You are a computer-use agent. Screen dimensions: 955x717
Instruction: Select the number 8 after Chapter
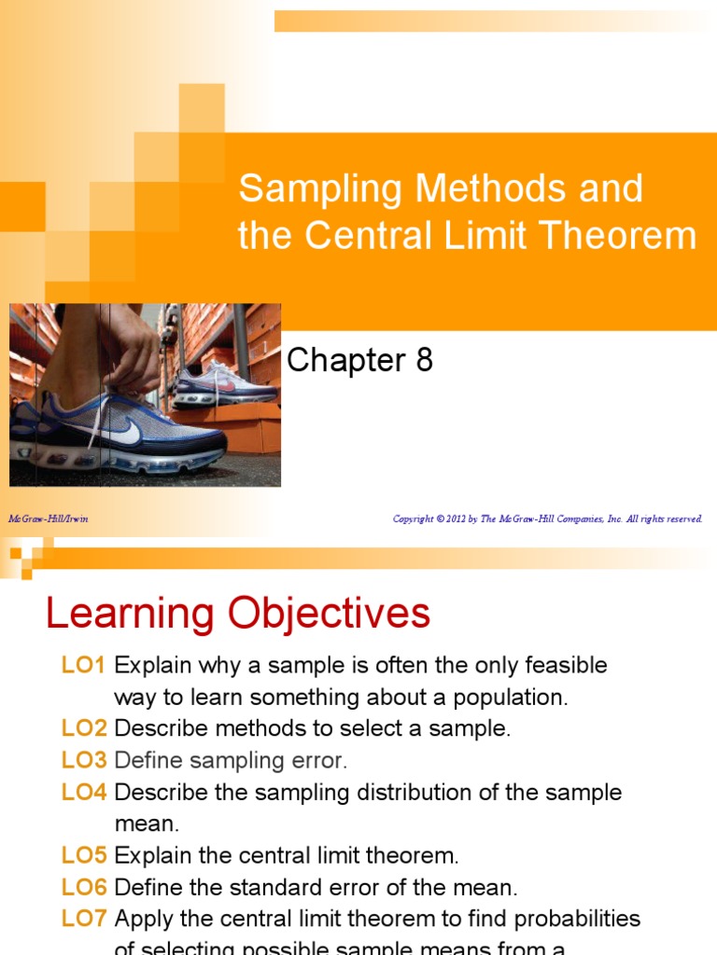click(423, 360)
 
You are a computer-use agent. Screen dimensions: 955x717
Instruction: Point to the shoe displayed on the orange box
click(224, 382)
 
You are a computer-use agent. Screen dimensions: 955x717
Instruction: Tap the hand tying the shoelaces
click(131, 350)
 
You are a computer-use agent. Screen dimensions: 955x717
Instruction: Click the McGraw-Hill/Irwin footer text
click(49, 519)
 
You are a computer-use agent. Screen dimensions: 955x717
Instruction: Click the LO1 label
click(85, 666)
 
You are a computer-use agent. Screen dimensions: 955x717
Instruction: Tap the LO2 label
click(85, 729)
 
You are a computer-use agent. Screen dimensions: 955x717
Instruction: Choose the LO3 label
click(85, 761)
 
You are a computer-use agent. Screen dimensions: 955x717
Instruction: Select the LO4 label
click(85, 793)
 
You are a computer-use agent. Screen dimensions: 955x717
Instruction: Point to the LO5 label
click(85, 856)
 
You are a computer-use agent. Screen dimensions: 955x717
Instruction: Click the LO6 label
click(85, 888)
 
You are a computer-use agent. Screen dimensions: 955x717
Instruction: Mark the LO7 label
click(85, 920)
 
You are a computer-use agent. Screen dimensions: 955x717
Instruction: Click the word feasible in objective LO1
click(567, 666)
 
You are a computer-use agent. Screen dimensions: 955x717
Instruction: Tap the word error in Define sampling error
click(317, 761)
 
